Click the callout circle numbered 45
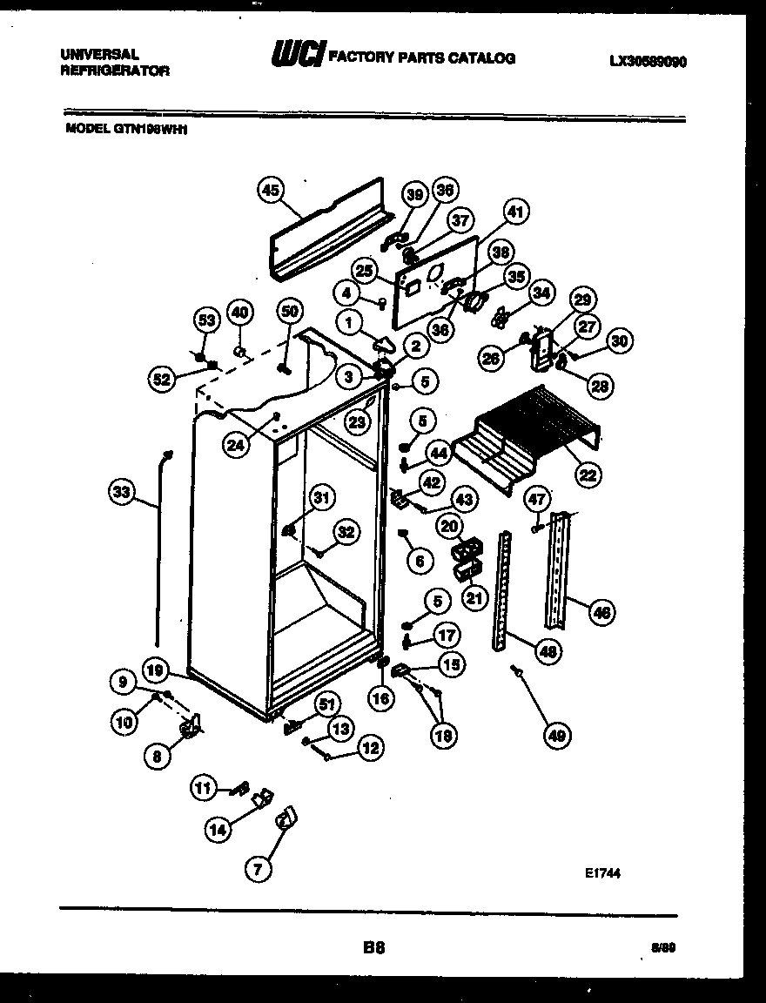tap(272, 191)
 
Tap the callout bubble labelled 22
tap(588, 474)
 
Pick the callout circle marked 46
tap(601, 612)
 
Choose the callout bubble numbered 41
tap(516, 212)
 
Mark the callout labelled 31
tap(322, 498)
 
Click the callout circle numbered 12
tap(371, 747)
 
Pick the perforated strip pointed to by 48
tap(503, 592)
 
